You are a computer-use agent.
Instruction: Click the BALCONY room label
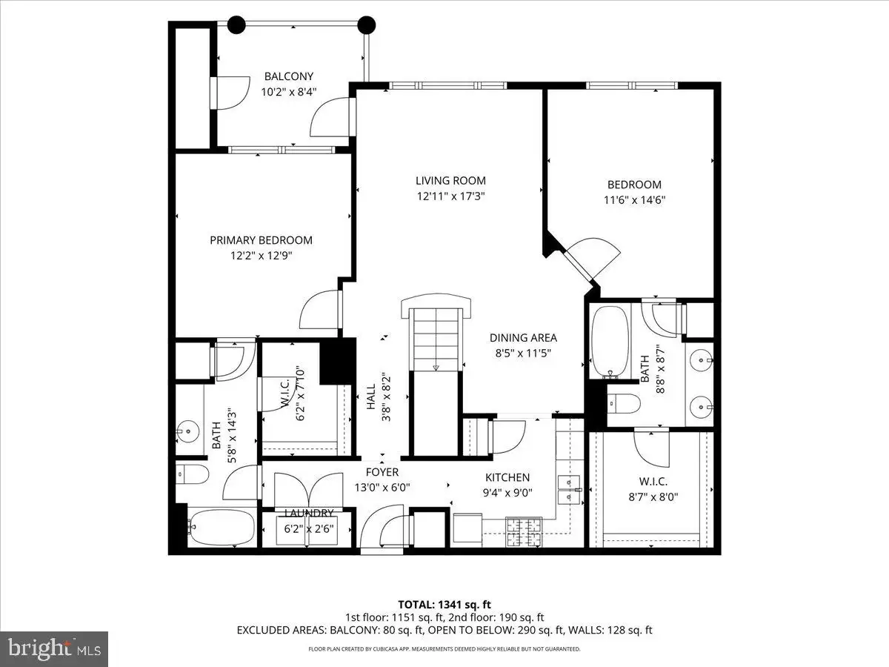pos(289,76)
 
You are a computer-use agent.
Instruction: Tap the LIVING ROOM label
pos(450,180)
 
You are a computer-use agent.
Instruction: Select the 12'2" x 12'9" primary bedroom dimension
pos(262,256)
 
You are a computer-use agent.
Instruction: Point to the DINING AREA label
pos(523,337)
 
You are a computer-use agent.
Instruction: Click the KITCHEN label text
pos(507,477)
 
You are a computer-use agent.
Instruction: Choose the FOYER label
pos(382,472)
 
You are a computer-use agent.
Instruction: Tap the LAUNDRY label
pos(309,513)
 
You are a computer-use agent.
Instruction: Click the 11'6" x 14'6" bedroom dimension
pos(635,200)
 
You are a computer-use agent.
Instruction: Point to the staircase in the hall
pos(436,340)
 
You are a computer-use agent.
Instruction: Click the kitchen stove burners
pos(524,531)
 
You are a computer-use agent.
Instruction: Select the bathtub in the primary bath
pos(222,528)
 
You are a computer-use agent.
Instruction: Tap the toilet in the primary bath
pos(193,474)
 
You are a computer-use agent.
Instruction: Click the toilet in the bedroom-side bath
pos(624,403)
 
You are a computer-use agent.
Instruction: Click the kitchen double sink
pos(569,489)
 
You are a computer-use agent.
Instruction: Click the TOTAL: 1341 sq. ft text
pos(444,605)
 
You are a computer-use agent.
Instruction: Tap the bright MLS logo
pos(54,648)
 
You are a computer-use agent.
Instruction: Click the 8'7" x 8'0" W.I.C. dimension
pos(653,497)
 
